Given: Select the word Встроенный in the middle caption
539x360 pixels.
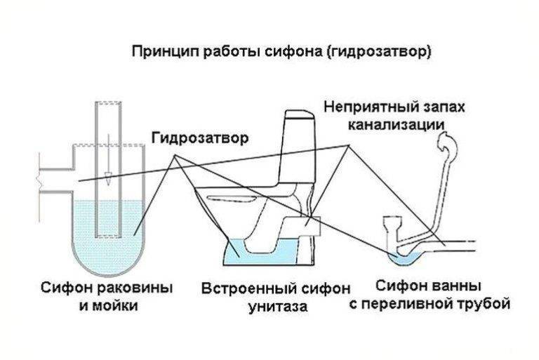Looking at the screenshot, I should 242,288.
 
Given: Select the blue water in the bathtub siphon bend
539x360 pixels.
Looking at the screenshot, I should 406,257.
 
